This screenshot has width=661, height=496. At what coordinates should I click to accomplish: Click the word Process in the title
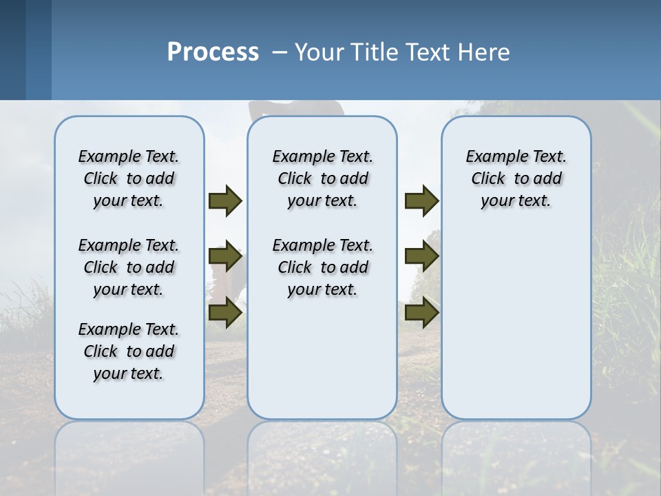tap(213, 52)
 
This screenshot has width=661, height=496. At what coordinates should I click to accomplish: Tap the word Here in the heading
tap(485, 52)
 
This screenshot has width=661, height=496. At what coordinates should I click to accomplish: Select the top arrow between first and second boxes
tap(225, 200)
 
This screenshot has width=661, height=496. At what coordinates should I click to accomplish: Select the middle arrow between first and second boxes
tap(225, 256)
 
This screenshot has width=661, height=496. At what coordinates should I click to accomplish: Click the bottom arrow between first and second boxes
tap(225, 313)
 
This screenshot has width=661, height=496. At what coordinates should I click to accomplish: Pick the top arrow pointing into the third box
tap(421, 200)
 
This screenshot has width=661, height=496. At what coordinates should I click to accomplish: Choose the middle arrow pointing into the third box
tap(421, 256)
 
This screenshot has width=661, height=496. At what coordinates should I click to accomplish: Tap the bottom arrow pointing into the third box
tap(421, 313)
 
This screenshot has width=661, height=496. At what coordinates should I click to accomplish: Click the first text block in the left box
tap(129, 178)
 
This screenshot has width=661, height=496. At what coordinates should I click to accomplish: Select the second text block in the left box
tap(129, 267)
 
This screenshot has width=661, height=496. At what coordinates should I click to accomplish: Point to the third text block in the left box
tap(129, 351)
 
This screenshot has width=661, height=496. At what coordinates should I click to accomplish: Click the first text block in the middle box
tap(322, 178)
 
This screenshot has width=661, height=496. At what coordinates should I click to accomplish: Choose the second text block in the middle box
tap(322, 267)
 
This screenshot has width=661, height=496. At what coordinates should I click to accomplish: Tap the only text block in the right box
tap(516, 178)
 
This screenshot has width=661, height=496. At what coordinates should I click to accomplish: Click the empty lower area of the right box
tap(516, 324)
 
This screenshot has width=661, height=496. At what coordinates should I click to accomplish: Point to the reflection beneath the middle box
tap(322, 455)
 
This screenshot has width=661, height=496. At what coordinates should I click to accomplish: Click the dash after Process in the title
tap(280, 52)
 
